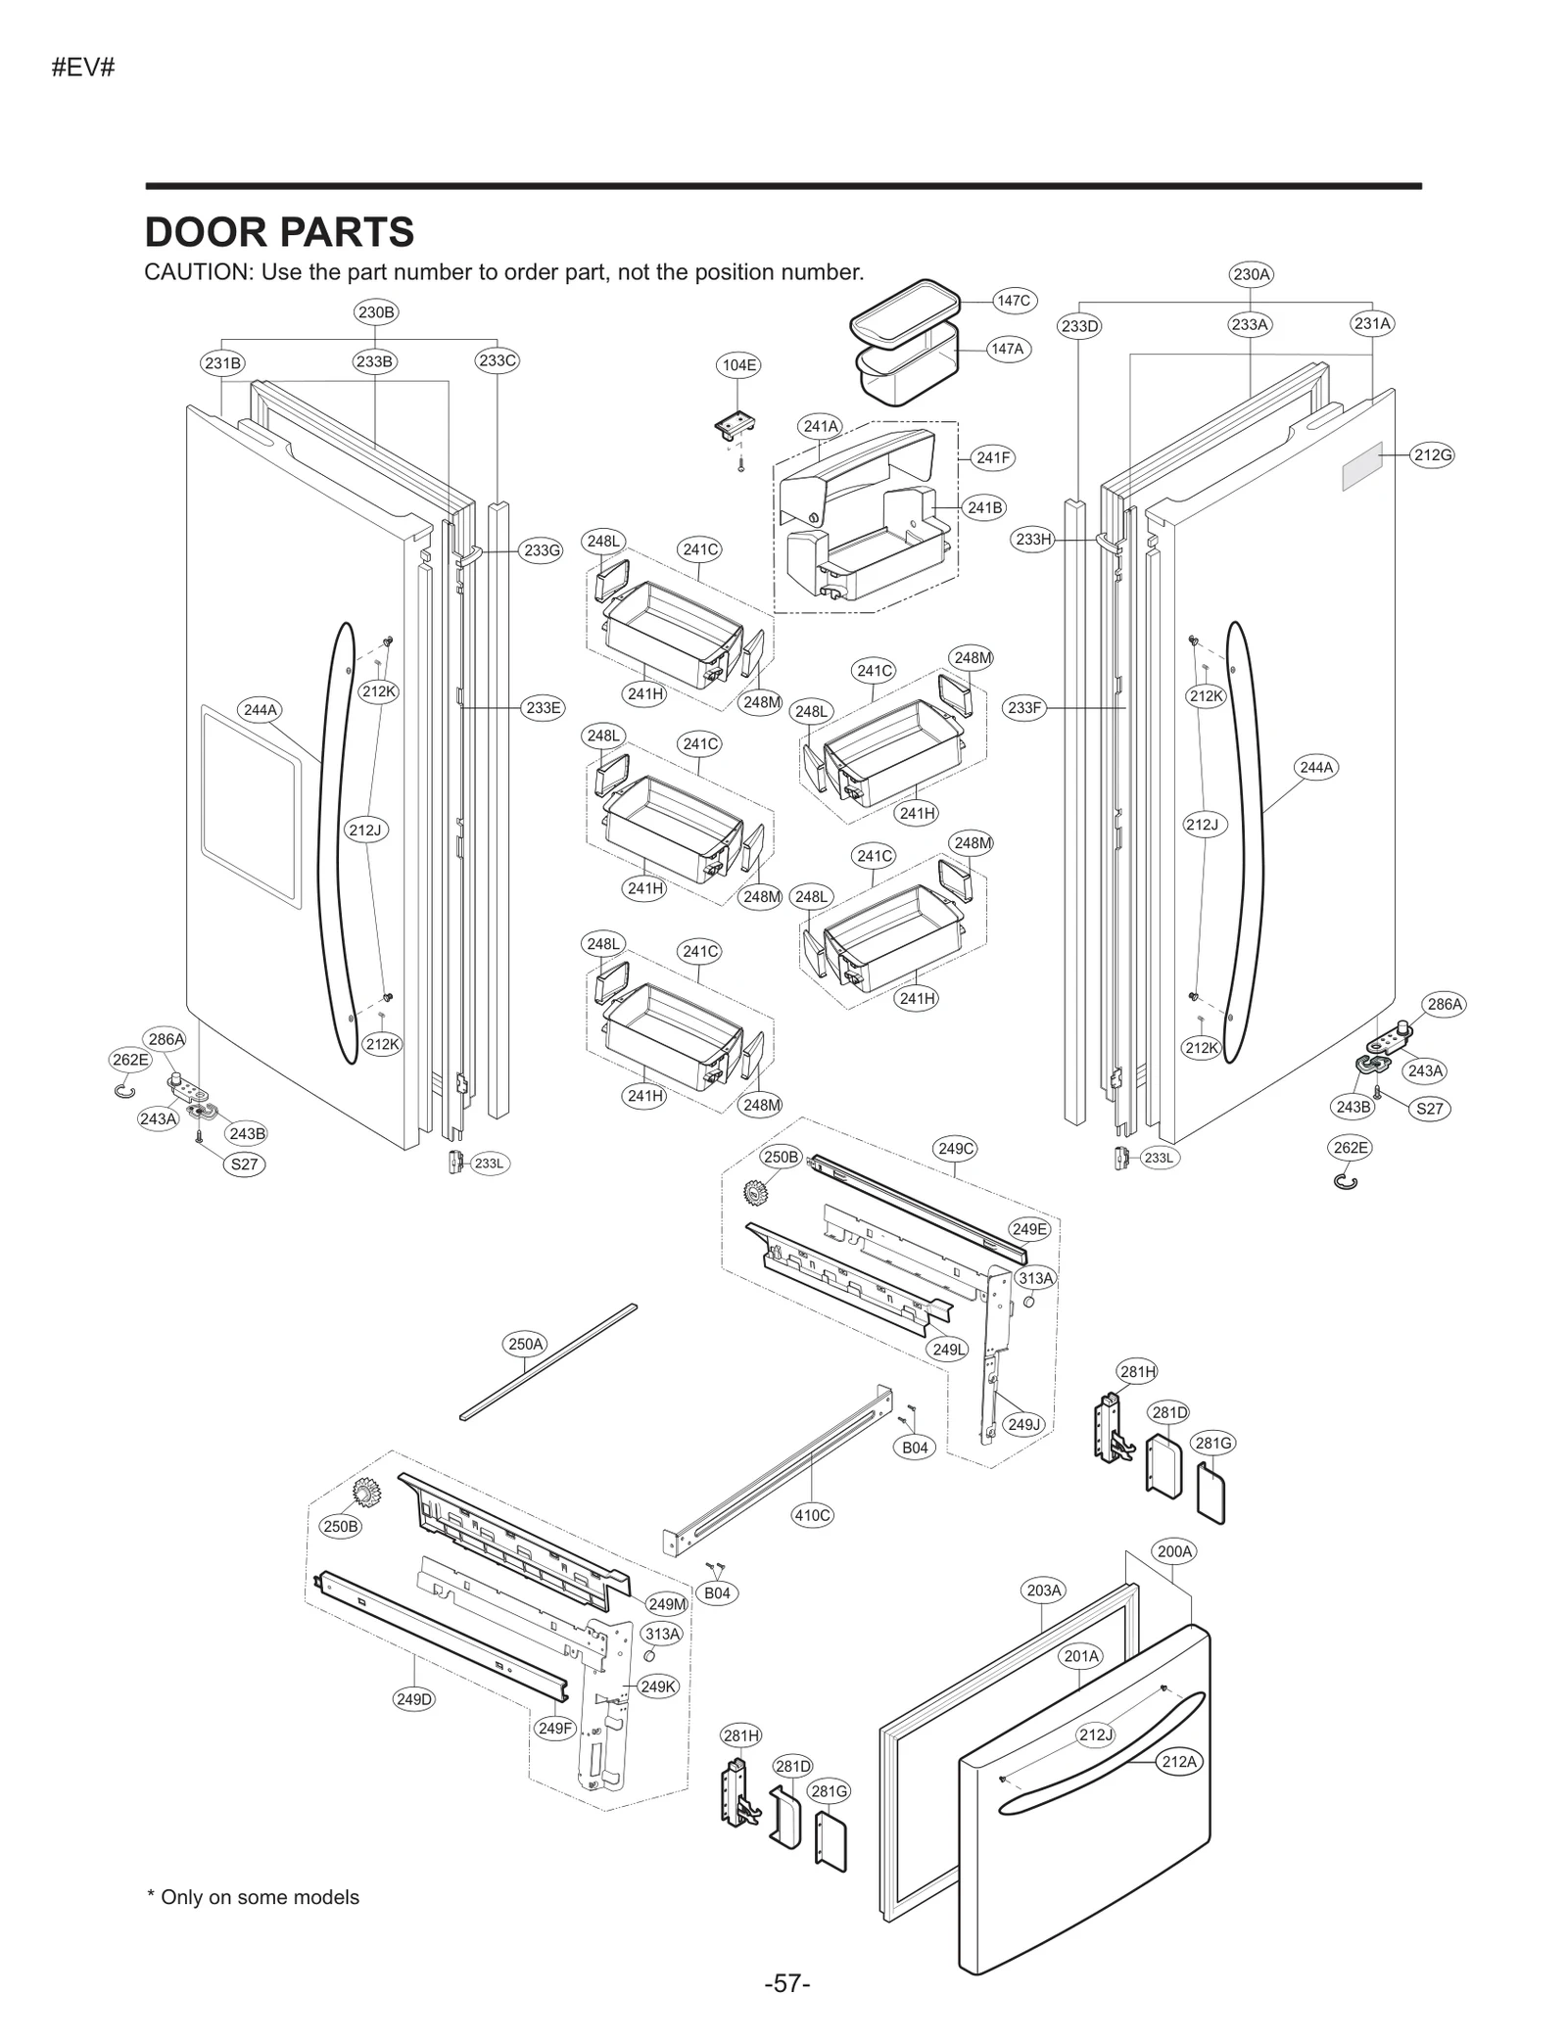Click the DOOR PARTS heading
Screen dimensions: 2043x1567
tap(279, 233)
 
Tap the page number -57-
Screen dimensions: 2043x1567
tap(787, 1983)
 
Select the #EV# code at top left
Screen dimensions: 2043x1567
tap(83, 70)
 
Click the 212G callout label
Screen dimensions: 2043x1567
tap(1432, 454)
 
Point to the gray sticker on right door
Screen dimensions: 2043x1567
tap(1361, 465)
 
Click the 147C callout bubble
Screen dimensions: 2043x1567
tap(1014, 301)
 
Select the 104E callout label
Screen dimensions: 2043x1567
tap(739, 365)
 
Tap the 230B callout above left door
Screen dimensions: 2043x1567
tap(376, 312)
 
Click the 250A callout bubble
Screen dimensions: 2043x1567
tap(526, 1344)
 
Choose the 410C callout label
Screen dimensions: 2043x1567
tap(812, 1515)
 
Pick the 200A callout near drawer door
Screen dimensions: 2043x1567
tap(1174, 1551)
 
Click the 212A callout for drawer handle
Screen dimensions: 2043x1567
tap(1178, 1762)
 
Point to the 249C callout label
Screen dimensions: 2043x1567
tap(956, 1149)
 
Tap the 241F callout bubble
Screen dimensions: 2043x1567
tap(993, 457)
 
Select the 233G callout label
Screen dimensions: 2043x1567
tap(542, 550)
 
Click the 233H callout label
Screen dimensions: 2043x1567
tap(1033, 539)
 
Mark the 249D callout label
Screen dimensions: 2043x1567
tap(414, 1699)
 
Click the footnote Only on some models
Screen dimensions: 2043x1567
tap(253, 1897)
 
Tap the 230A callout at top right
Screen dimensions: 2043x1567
tap(1251, 274)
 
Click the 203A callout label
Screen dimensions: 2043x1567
tap(1044, 1591)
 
